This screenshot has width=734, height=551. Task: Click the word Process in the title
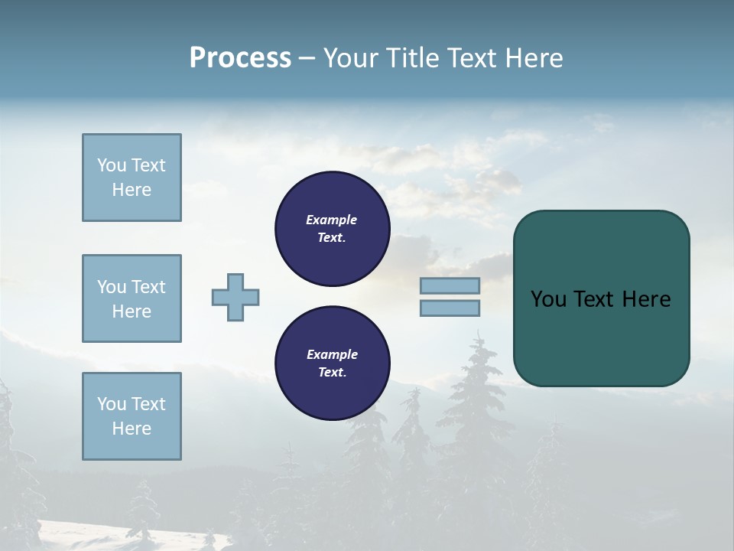(240, 58)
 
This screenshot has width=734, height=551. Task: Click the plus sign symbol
(235, 297)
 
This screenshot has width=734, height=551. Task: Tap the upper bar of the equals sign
(450, 285)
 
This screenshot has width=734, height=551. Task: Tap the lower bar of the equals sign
(450, 308)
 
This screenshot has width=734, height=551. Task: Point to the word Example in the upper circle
(332, 220)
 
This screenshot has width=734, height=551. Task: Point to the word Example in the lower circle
(332, 354)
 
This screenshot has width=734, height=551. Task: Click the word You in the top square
(111, 165)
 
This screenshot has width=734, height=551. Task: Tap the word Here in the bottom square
(132, 429)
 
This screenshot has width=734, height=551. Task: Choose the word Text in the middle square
(148, 287)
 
